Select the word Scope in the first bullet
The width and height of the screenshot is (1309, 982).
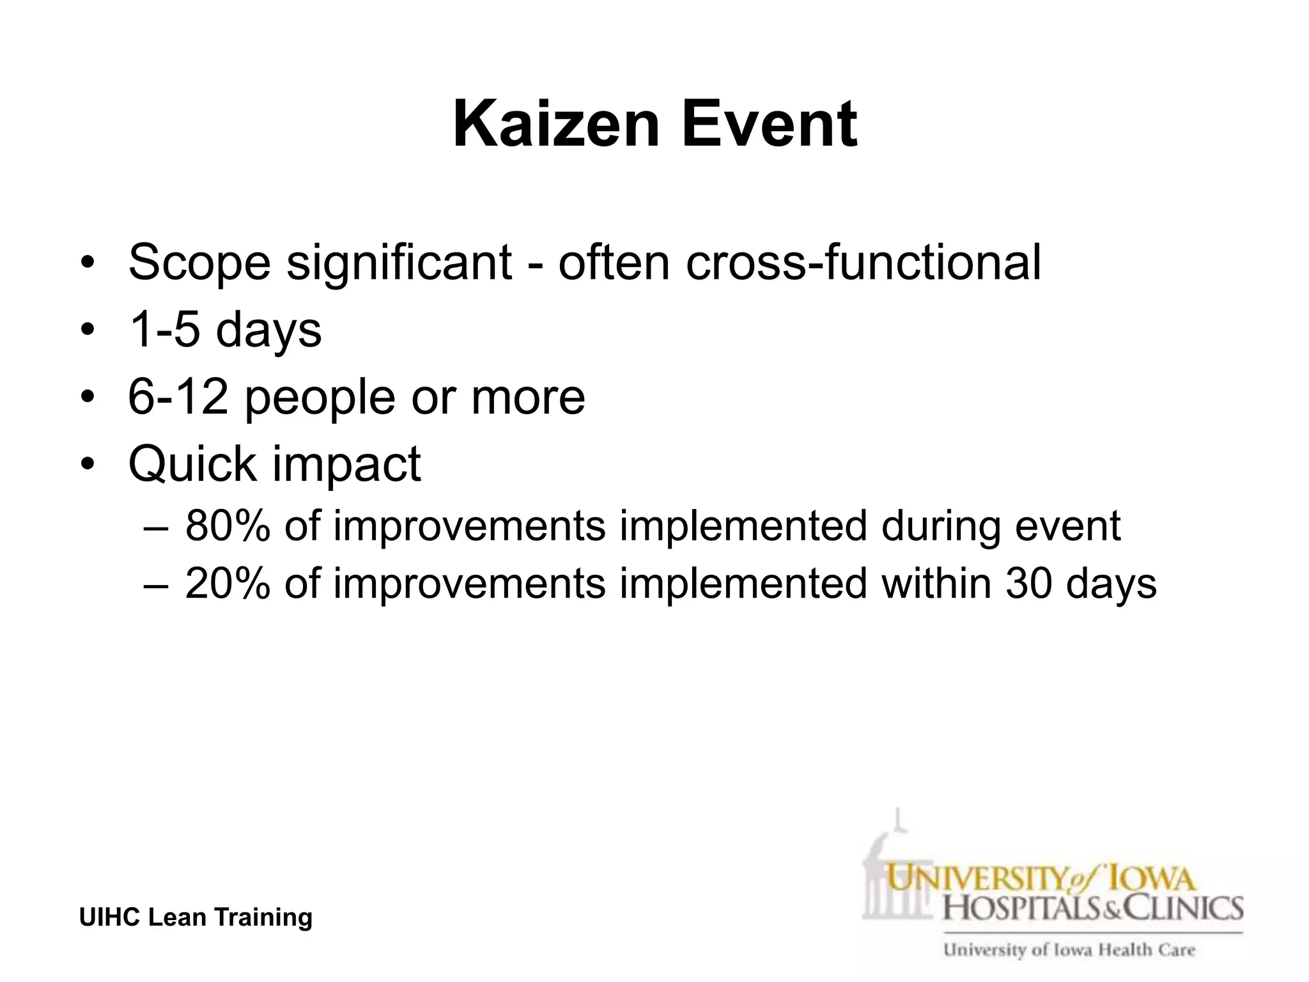click(x=199, y=262)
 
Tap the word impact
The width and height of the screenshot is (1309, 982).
click(x=346, y=465)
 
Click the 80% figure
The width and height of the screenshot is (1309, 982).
click(x=227, y=526)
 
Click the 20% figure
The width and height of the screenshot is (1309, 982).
click(x=227, y=584)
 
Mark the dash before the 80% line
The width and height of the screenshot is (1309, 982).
click(x=155, y=527)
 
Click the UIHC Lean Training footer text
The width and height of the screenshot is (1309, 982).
click(x=196, y=917)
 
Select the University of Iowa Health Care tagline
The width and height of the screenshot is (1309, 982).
click(x=1069, y=950)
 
